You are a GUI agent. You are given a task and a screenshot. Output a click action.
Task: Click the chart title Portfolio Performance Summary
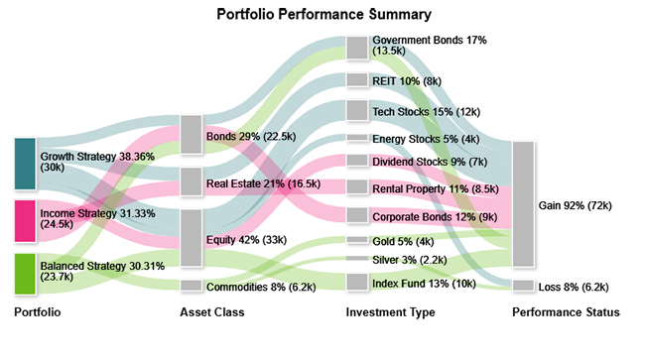323,15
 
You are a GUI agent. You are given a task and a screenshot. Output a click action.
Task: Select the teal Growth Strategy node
26,164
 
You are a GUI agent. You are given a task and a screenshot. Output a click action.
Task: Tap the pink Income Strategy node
26,220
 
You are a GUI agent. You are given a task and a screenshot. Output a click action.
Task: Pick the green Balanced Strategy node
26,273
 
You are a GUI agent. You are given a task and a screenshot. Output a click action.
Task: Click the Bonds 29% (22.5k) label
249,135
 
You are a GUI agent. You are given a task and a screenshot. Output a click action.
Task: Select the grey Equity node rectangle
192,238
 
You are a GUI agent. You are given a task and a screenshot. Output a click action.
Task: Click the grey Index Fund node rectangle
357,283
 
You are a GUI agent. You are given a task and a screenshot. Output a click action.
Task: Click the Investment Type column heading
390,313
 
